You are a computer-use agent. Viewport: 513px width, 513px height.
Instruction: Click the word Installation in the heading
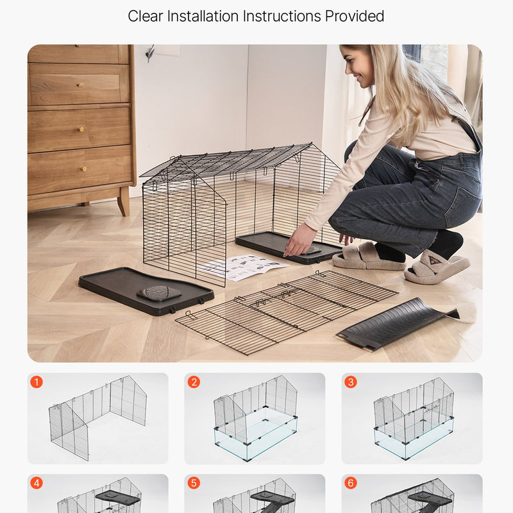click(x=203, y=16)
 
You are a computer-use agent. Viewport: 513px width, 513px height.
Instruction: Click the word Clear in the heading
click(x=146, y=16)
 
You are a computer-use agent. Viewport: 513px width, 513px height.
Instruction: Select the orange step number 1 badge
click(x=37, y=382)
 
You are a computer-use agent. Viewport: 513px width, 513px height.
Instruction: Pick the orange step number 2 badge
click(x=194, y=382)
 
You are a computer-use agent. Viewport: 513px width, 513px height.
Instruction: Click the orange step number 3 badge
click(x=351, y=382)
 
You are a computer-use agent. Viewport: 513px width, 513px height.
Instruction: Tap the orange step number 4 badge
click(x=37, y=483)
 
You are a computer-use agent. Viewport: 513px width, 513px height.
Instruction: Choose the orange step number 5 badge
click(x=194, y=483)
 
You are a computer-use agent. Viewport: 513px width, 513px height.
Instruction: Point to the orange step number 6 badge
click(x=351, y=483)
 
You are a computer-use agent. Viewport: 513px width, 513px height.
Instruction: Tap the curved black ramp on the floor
click(x=398, y=324)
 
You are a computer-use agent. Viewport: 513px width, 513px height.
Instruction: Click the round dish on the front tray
click(x=159, y=293)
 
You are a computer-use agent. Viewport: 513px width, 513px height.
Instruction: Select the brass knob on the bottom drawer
click(x=84, y=169)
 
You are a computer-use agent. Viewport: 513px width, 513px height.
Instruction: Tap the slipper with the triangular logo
click(x=437, y=266)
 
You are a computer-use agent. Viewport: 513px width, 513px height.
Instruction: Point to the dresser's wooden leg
click(x=124, y=201)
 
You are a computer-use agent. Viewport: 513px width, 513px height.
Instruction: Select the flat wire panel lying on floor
click(x=287, y=312)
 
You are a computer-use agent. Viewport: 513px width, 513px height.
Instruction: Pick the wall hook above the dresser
click(x=151, y=53)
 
